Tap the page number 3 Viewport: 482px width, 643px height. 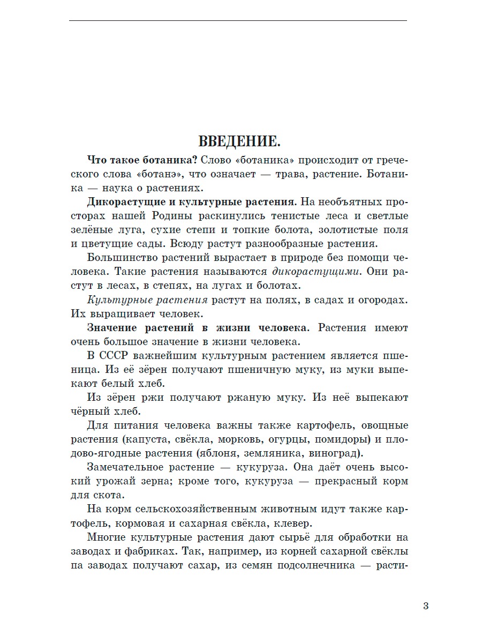[425, 606]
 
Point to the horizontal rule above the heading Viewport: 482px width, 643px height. [238, 21]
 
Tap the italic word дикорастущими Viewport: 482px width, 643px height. [316, 272]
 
